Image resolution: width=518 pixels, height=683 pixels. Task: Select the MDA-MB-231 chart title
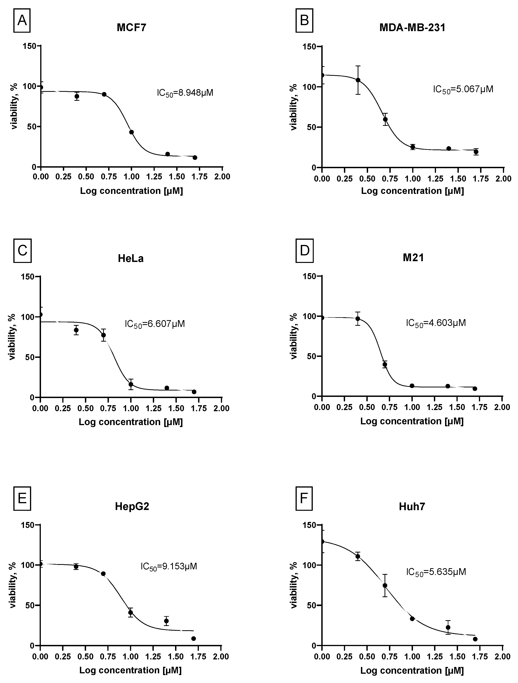(x=412, y=28)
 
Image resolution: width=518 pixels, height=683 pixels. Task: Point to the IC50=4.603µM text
(x=436, y=323)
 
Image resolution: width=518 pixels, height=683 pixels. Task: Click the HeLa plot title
(x=131, y=258)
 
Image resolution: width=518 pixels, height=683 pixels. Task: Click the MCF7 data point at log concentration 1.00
(x=131, y=132)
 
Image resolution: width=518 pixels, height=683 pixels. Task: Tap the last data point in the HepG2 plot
(x=194, y=638)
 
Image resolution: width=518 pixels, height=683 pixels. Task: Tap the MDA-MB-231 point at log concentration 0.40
(x=358, y=80)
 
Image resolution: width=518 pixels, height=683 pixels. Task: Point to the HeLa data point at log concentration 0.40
(x=76, y=330)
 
